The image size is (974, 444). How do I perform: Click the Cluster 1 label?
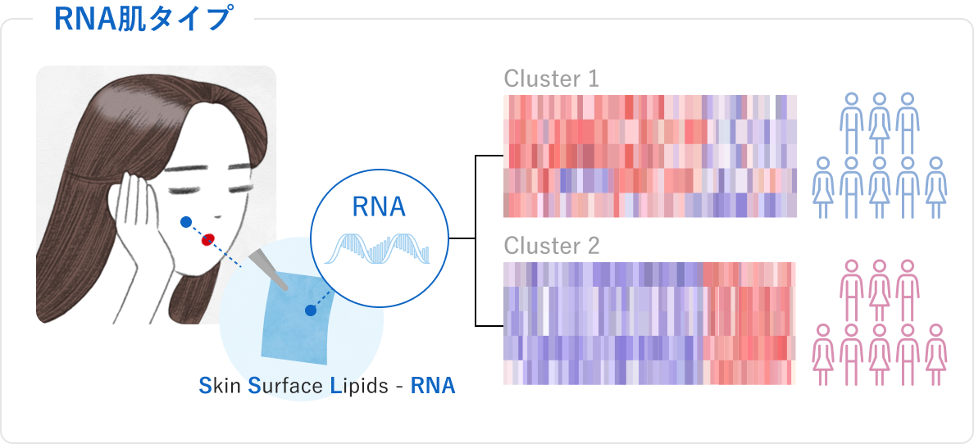(x=551, y=79)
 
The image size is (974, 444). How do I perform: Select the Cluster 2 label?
(x=551, y=245)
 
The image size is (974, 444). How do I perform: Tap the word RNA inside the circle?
(x=379, y=207)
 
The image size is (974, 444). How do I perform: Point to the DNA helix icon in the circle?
(x=379, y=247)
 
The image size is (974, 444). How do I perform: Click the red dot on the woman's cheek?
(x=208, y=239)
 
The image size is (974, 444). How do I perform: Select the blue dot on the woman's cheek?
(x=186, y=221)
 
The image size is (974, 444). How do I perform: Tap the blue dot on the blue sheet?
(x=311, y=310)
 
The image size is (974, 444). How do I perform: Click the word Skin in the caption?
(x=221, y=385)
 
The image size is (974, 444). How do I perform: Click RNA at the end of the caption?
(x=433, y=385)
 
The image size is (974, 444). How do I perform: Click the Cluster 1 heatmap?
(x=649, y=156)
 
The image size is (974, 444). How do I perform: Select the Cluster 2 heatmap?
(x=649, y=323)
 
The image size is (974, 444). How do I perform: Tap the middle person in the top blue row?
(x=879, y=123)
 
